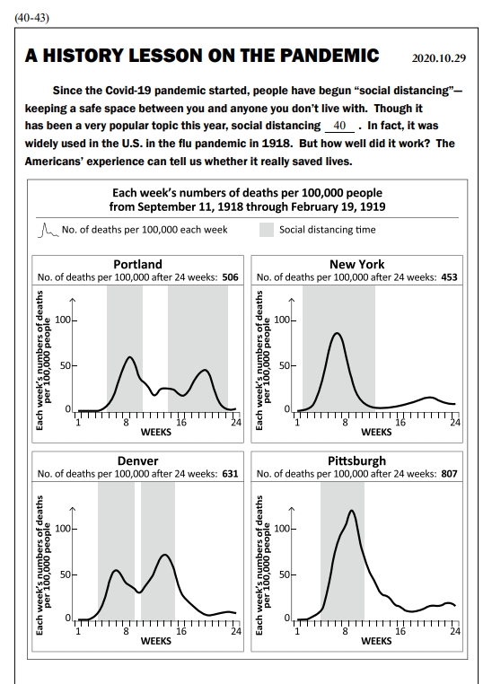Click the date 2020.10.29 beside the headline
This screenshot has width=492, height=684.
[x=439, y=58]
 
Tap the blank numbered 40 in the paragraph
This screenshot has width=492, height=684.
[x=339, y=126]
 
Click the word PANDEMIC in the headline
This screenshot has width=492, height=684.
[x=329, y=56]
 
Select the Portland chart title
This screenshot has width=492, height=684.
[x=138, y=264]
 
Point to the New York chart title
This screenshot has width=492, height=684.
[x=356, y=264]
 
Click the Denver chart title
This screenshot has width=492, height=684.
[x=138, y=461]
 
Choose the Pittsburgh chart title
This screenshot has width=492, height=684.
[x=356, y=461]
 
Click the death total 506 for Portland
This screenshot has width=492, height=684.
[x=231, y=277]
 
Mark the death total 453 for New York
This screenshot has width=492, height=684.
[x=449, y=277]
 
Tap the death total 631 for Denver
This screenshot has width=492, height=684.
[x=231, y=474]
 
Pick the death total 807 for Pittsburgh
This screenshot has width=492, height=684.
[x=449, y=474]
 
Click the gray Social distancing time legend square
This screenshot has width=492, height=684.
[x=267, y=230]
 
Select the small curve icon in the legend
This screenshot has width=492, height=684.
[x=48, y=231]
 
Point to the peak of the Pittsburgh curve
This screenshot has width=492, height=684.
[x=351, y=511]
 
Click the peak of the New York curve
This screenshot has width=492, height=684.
[x=337, y=333]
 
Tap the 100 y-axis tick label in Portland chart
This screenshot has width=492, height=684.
[x=63, y=320]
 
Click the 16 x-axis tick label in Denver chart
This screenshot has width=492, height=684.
[x=180, y=631]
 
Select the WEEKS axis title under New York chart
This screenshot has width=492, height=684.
[x=376, y=433]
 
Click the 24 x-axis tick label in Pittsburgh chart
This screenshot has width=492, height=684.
[x=455, y=631]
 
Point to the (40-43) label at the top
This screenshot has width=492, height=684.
[x=31, y=18]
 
